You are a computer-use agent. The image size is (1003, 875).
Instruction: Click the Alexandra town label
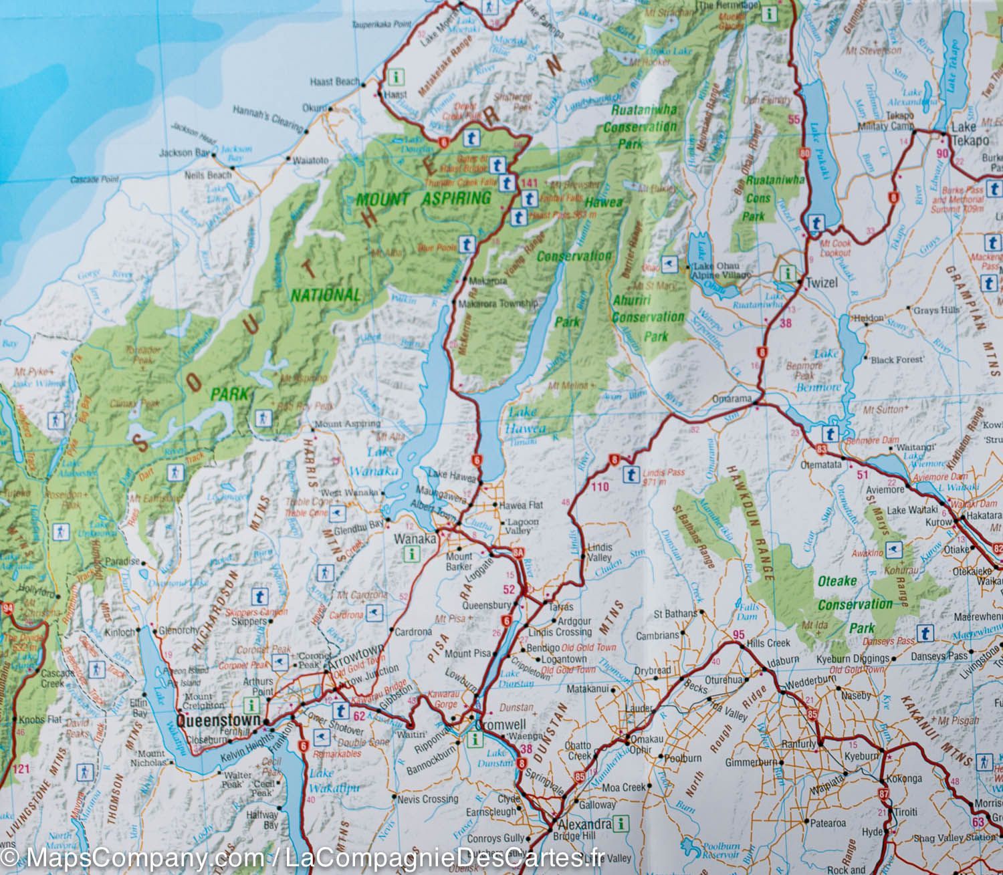point(580,824)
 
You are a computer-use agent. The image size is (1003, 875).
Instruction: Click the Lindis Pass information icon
point(630,475)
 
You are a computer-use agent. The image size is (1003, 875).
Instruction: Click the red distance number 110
point(600,487)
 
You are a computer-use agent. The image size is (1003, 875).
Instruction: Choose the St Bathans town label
point(675,613)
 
